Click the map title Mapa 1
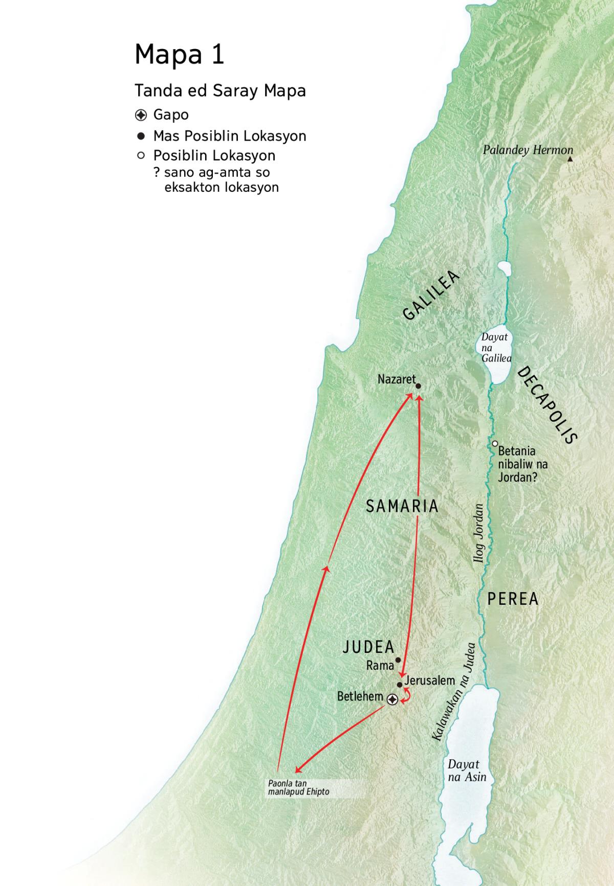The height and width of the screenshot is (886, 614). [179, 54]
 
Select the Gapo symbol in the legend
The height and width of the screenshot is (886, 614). [141, 115]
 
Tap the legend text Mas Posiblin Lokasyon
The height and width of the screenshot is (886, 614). [229, 136]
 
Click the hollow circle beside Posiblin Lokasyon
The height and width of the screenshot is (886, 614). [141, 155]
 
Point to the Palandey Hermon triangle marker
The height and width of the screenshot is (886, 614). [570, 160]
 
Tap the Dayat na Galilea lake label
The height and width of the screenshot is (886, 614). [495, 348]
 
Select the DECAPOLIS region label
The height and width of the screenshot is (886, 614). [547, 405]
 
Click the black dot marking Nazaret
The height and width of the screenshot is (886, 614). [418, 387]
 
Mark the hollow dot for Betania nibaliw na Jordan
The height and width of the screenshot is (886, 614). [495, 444]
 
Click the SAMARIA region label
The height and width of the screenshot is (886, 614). [402, 506]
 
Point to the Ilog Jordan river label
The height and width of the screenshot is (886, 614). [479, 533]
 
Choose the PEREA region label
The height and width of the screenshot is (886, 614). [513, 599]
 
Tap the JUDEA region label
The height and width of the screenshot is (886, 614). [368, 647]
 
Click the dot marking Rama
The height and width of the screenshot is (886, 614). [398, 660]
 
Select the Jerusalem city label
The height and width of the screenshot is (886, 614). [429, 680]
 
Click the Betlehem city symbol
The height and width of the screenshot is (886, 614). [392, 699]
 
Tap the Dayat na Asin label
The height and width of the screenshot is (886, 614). [467, 770]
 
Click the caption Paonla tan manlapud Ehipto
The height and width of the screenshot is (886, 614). [298, 787]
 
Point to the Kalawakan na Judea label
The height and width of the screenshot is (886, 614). [453, 692]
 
